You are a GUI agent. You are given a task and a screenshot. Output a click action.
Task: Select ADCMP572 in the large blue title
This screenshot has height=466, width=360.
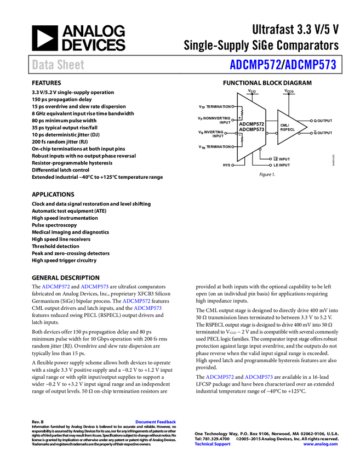(255, 65)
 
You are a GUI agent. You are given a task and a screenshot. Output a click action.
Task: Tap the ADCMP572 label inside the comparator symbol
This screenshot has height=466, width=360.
(252, 124)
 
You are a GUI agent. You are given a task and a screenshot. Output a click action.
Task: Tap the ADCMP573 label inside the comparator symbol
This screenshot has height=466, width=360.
(252, 130)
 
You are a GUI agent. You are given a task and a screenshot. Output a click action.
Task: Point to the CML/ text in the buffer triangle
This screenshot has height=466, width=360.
(284, 125)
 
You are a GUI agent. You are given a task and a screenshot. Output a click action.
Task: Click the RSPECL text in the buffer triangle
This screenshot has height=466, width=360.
(288, 130)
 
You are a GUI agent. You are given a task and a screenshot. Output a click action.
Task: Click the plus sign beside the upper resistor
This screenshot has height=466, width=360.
(239, 117)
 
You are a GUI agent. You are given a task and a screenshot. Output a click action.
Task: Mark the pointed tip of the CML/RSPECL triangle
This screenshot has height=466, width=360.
(305, 127)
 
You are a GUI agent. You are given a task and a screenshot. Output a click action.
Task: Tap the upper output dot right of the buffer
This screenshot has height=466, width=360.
(311, 121)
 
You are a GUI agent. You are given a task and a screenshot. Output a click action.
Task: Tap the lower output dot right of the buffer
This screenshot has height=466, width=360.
(311, 133)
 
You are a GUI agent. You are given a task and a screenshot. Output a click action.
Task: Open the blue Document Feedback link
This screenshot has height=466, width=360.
(156, 422)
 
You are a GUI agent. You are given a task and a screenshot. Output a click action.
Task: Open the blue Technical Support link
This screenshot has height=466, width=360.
(213, 444)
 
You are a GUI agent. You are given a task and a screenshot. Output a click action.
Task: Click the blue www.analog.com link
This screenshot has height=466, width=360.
(321, 444)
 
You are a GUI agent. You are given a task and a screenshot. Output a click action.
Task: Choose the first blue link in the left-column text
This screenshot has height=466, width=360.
(56, 287)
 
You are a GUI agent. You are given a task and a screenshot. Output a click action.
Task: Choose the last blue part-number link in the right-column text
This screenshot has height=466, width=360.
(259, 377)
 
